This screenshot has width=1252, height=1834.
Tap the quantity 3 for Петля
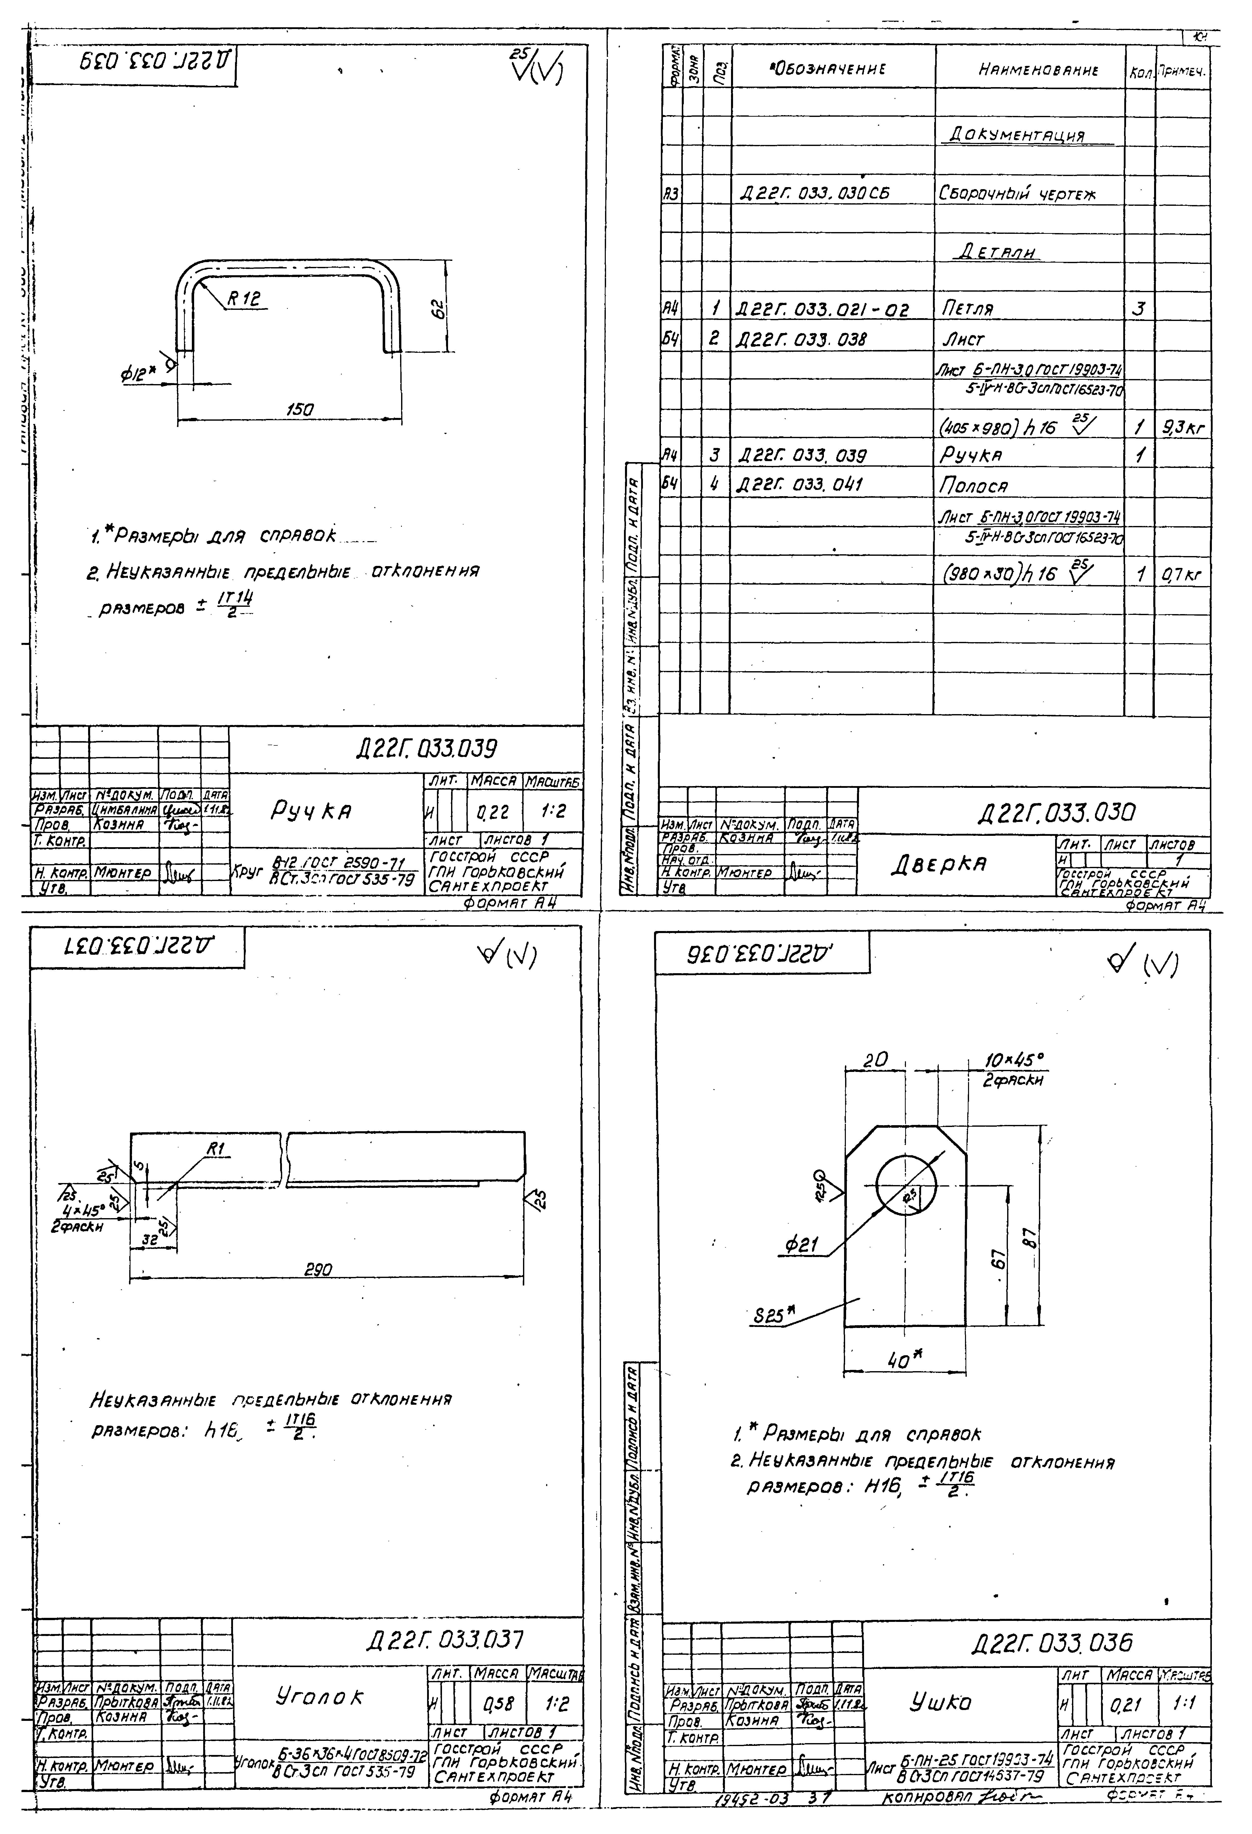coord(1138,309)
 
